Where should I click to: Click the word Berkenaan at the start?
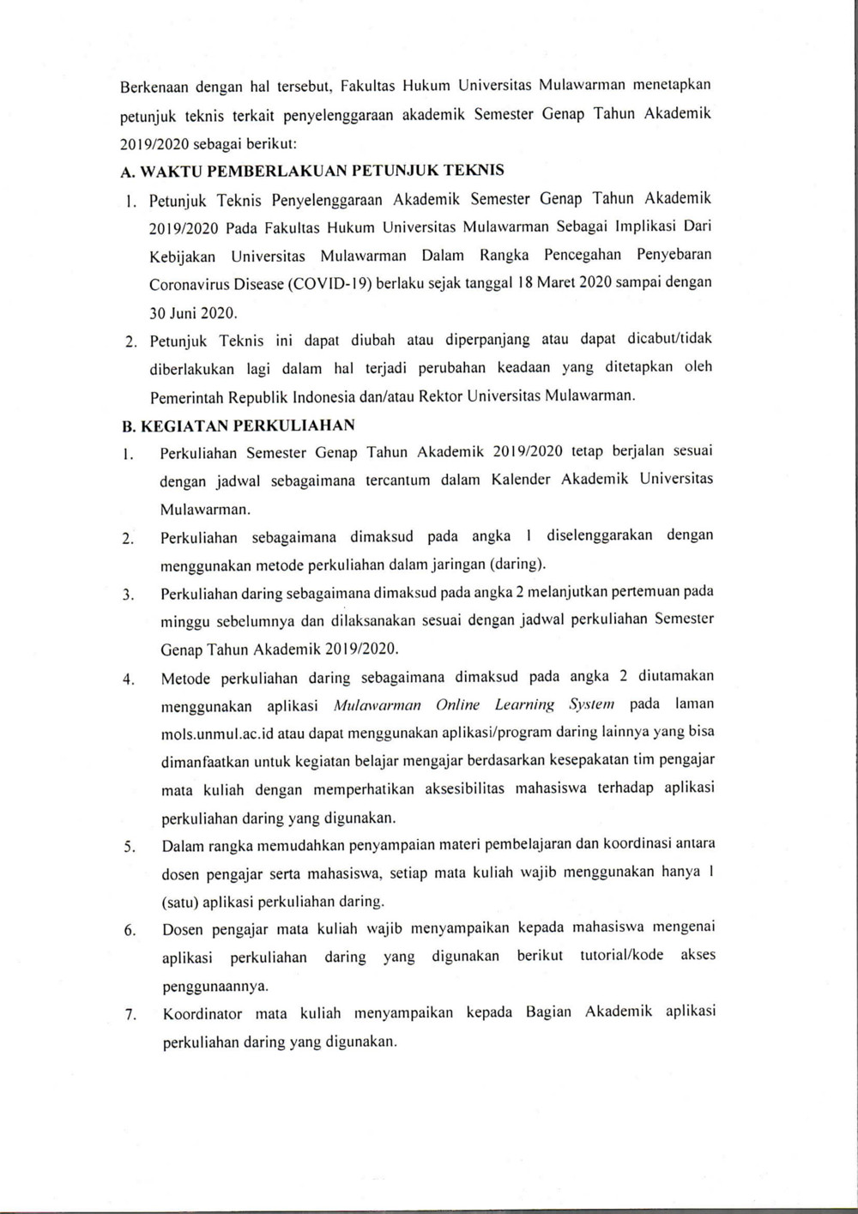click(x=151, y=87)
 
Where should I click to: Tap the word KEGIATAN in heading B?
click(x=181, y=426)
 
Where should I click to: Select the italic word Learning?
click(x=524, y=705)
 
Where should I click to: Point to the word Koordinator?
click(x=202, y=1013)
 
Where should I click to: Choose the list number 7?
click(x=130, y=1015)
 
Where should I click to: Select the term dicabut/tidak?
click(x=670, y=339)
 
